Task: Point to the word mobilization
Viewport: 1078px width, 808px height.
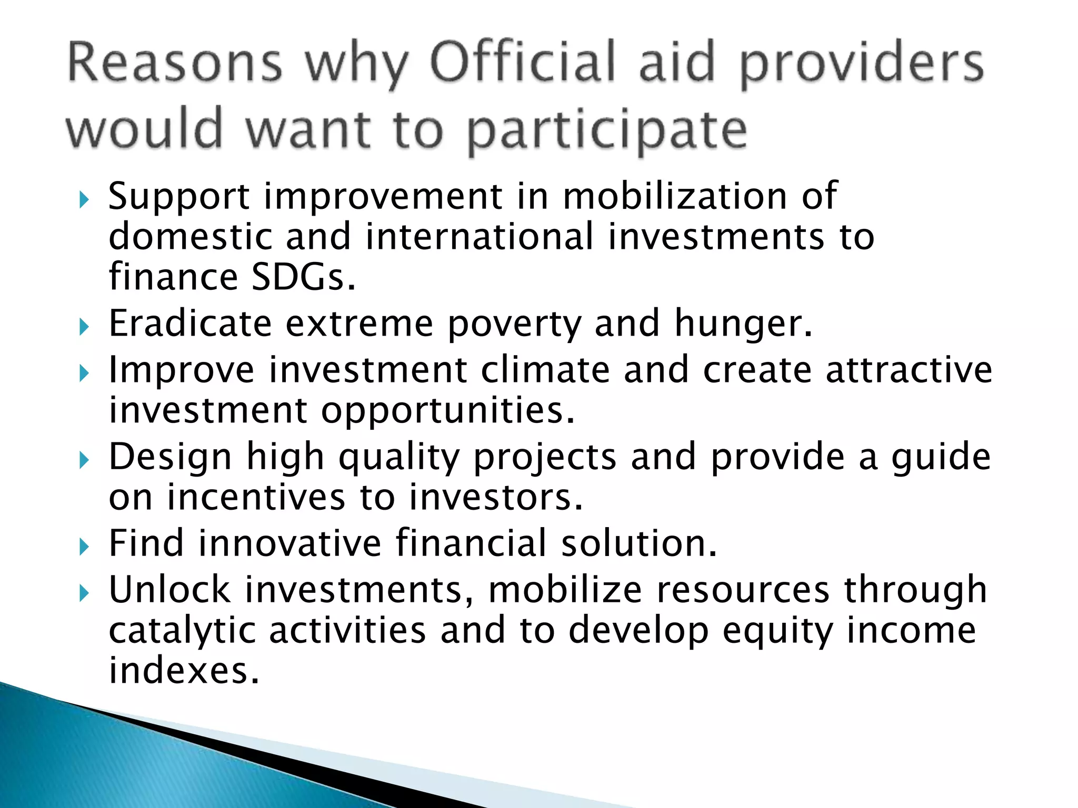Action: click(675, 196)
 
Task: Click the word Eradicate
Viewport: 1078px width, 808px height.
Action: click(189, 323)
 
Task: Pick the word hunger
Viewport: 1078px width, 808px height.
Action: click(743, 323)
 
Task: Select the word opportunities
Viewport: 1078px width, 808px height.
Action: click(447, 410)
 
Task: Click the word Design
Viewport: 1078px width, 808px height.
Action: click(170, 456)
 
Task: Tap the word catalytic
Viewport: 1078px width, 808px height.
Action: click(182, 630)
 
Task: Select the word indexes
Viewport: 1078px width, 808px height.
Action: click(183, 671)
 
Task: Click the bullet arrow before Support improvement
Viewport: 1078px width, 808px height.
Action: click(84, 200)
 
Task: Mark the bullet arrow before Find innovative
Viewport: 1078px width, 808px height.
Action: click(84, 547)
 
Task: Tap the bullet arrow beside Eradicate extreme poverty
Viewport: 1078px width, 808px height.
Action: click(84, 327)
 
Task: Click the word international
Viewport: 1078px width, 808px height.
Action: click(480, 237)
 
